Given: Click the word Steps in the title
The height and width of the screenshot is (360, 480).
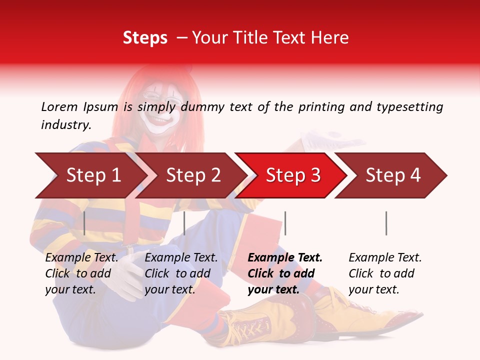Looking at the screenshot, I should (145, 37).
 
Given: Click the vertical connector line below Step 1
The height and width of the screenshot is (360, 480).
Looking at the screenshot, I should (84, 223).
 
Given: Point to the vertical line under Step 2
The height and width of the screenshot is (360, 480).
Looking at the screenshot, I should (184, 223).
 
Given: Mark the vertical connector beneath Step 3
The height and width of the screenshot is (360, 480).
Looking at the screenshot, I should (285, 223).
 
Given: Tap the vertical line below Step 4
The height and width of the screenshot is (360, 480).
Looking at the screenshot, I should (386, 223).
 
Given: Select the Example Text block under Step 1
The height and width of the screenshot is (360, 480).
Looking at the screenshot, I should (81, 273).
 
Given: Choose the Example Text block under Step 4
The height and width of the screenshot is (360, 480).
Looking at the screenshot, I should (385, 273).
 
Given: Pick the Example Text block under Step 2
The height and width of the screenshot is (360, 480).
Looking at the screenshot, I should (181, 273).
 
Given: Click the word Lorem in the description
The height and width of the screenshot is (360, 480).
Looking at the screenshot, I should (59, 106).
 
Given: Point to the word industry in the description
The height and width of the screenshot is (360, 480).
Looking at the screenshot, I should (66, 125).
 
